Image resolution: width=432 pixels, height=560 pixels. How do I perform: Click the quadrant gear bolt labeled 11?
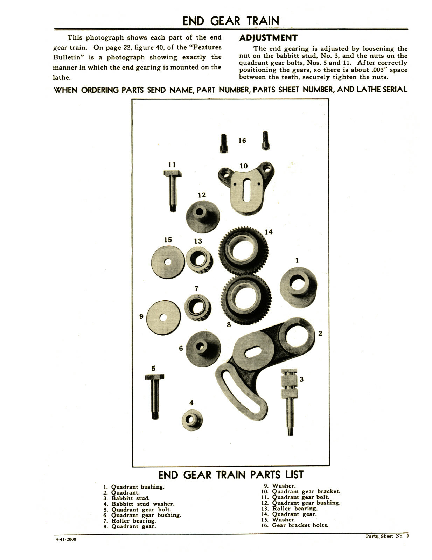[x=172, y=191]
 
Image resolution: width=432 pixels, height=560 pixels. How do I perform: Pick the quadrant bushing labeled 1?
[x=299, y=285]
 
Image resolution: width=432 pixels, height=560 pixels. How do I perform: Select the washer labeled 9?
[x=163, y=317]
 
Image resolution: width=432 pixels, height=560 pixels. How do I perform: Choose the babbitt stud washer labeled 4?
[x=192, y=420]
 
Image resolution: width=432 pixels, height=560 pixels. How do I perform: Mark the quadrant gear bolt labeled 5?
[x=154, y=395]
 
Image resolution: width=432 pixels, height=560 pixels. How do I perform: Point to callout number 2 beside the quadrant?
[x=320, y=334]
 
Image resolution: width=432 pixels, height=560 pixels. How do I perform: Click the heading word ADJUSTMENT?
[x=268, y=38]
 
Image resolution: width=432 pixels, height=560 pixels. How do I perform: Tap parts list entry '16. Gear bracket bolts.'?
[x=295, y=525]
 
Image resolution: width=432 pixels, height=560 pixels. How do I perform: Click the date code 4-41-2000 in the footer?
[x=65, y=539]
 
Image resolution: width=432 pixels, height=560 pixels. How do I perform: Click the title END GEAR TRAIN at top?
[x=231, y=21]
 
